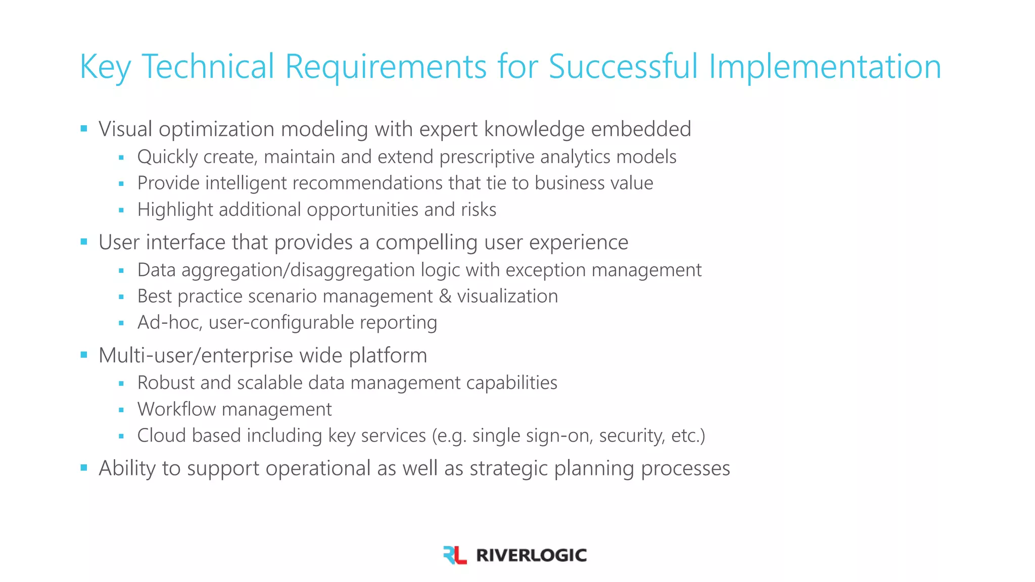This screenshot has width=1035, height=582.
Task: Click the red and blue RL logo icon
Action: [454, 555]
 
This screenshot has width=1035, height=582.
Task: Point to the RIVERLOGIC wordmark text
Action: [531, 555]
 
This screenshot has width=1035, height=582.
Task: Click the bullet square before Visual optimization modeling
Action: [84, 129]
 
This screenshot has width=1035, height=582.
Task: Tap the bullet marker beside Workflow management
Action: [121, 410]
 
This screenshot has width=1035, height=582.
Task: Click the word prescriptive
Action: [487, 157]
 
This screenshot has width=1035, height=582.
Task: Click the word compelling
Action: [426, 243]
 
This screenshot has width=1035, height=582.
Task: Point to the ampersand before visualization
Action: [445, 297]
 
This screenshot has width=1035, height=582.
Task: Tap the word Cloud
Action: [162, 435]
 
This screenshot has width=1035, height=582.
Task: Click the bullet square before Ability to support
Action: [84, 468]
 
